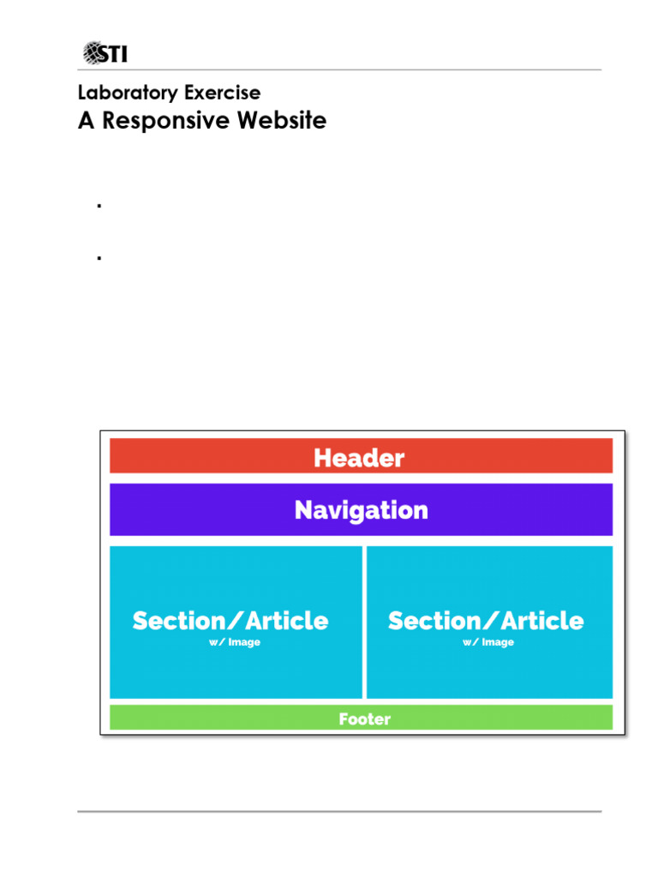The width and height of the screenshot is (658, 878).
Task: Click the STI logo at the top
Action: [106, 53]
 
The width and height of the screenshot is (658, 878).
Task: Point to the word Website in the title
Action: [281, 120]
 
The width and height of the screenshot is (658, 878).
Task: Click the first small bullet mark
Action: [99, 206]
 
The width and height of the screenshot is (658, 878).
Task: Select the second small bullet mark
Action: [99, 256]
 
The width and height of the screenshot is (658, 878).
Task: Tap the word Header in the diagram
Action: [359, 458]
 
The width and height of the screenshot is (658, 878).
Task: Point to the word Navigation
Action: [361, 510]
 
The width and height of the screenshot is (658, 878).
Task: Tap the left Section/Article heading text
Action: [230, 621]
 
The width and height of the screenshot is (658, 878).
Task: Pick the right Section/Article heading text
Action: [486, 621]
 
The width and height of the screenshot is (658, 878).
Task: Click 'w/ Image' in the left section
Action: [234, 642]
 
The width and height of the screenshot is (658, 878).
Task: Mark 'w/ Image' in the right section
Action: [488, 642]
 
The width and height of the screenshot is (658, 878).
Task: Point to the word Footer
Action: [364, 719]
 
